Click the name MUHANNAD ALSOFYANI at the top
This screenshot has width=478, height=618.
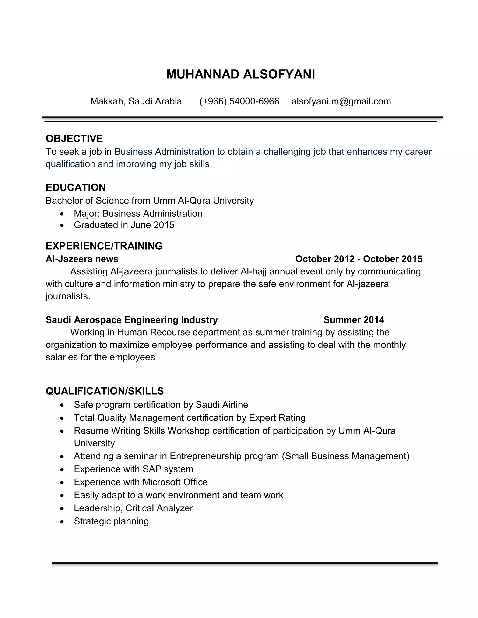coord(240,74)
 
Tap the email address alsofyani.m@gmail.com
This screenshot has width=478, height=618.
coord(341,101)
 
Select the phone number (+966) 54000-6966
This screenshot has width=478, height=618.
coord(239,101)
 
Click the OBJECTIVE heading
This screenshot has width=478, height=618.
coord(74,138)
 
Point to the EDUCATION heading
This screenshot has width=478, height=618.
coord(76,187)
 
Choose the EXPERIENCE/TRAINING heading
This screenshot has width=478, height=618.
coord(104,246)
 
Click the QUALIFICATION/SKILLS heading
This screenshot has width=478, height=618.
coord(105,391)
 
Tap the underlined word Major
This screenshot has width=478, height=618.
coord(85,213)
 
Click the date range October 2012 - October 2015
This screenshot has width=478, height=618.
coord(358,259)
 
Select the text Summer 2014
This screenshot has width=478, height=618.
coord(353,320)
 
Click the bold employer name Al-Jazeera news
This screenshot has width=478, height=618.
coord(82,259)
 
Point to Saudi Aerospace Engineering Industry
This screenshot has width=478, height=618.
coord(132,320)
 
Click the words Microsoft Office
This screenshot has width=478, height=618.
coord(175,482)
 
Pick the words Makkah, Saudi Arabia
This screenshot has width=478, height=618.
coord(136,101)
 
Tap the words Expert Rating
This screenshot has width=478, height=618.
coord(277,418)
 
